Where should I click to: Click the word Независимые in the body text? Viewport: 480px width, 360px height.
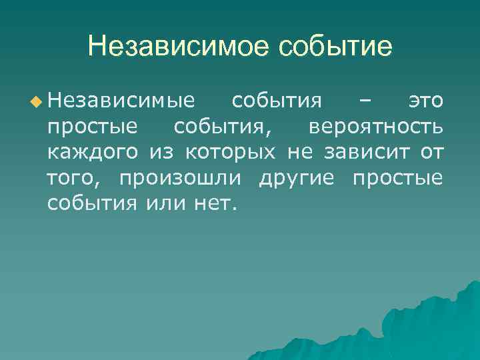(122, 101)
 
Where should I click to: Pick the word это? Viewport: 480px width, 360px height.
(425, 101)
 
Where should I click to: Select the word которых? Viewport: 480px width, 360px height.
(229, 152)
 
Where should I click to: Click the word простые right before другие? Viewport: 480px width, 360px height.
(397, 177)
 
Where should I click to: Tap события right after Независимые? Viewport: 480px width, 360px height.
(277, 101)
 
